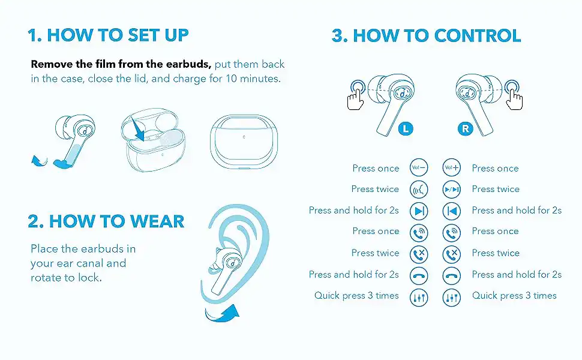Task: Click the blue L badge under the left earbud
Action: point(406,129)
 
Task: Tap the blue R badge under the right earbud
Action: point(465,129)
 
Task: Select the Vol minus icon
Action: point(419,168)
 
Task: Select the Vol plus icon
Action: point(452,168)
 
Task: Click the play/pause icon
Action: point(452,189)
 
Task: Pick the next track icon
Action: point(419,211)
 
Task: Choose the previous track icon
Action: point(452,211)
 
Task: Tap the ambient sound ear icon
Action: point(419,190)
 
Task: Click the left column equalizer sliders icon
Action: point(419,297)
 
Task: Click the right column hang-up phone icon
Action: point(452,276)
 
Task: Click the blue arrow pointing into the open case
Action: point(137,128)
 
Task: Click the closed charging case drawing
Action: point(244,142)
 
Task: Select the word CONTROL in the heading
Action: point(478,35)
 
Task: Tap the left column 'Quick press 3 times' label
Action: point(356,296)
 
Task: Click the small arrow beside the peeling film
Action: point(39,161)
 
